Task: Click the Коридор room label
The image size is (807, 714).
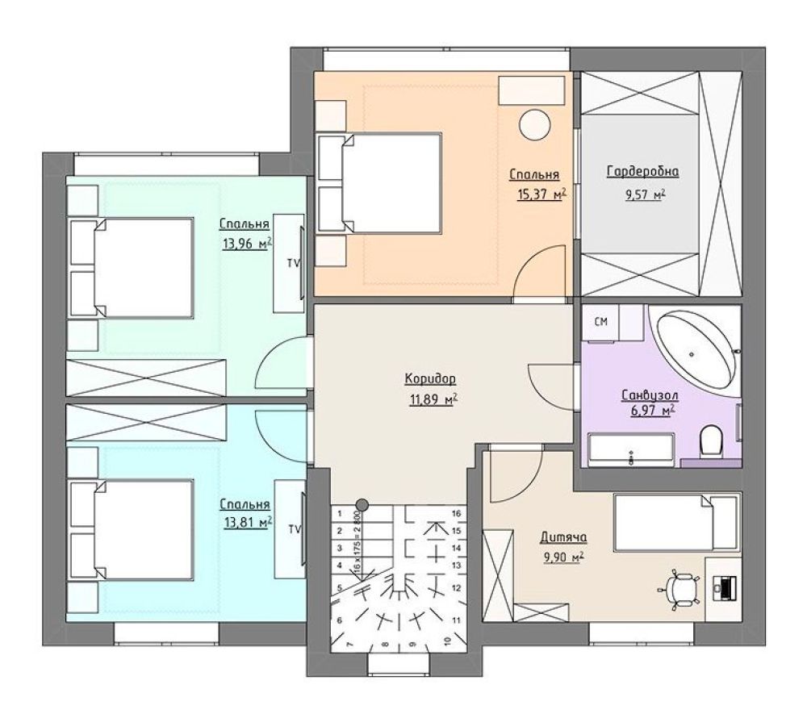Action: coord(430,380)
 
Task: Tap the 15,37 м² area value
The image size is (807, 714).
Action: coord(541,194)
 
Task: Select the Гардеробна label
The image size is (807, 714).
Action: coord(643,171)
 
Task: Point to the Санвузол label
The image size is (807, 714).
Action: coord(650,395)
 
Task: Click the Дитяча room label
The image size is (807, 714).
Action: coord(563,537)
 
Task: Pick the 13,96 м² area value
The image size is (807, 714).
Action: coord(248,244)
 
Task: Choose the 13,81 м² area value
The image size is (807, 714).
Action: coord(248,523)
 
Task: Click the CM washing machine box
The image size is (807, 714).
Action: coord(600,322)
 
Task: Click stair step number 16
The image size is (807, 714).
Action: coord(456,513)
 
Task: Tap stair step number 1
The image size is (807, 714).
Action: coord(340,513)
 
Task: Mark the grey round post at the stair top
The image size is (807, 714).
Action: coord(362,504)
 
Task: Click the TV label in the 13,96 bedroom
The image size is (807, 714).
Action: coord(294,263)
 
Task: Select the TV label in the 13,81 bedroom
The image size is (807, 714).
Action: coord(295,529)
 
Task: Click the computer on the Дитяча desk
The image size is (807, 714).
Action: coord(725,587)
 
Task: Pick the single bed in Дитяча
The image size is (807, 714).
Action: coord(676,522)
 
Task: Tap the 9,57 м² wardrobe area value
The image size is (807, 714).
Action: coord(644,195)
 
